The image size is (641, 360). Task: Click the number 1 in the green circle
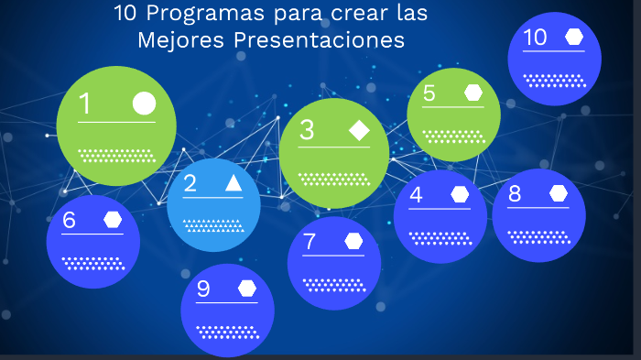click(x=85, y=104)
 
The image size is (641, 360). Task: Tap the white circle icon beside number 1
click(x=144, y=103)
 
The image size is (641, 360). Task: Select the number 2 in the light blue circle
click(x=190, y=183)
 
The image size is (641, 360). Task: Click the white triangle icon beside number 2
click(x=234, y=183)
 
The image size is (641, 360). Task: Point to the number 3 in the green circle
click(x=307, y=131)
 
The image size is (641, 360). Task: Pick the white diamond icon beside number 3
click(x=359, y=131)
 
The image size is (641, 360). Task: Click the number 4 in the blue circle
click(x=416, y=194)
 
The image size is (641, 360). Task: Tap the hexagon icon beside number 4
click(x=460, y=194)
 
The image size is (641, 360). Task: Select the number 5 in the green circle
click(x=429, y=93)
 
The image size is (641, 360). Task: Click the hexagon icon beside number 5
click(x=473, y=93)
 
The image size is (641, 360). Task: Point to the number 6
click(x=70, y=220)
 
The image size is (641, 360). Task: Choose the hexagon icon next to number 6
click(x=113, y=220)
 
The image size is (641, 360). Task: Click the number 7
click(x=310, y=242)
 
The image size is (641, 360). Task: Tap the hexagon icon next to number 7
click(x=353, y=241)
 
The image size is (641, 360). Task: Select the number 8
click(x=515, y=193)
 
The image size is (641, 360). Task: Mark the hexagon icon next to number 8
click(x=558, y=193)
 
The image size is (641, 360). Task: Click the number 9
click(x=203, y=289)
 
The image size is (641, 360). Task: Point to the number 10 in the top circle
click(x=535, y=38)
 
